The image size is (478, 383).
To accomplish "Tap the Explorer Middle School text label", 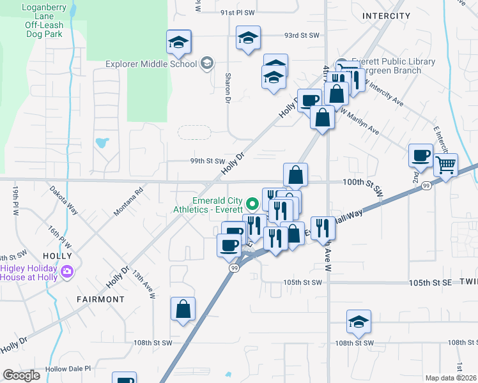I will coord(151,64).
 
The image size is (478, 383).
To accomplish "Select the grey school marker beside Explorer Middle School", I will coord(206,63).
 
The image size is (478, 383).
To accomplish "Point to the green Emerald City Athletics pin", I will coord(252,204).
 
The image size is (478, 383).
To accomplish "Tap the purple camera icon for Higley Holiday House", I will coord(66,273).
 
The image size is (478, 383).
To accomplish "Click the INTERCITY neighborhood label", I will coord(385,15).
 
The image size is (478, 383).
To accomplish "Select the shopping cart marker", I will coord(445,165).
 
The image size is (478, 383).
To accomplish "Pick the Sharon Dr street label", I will coord(227,87).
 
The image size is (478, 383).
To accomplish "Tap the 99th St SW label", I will coord(208,161).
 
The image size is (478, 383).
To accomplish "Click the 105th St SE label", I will coord(431,282).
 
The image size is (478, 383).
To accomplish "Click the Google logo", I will coord(21,375).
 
